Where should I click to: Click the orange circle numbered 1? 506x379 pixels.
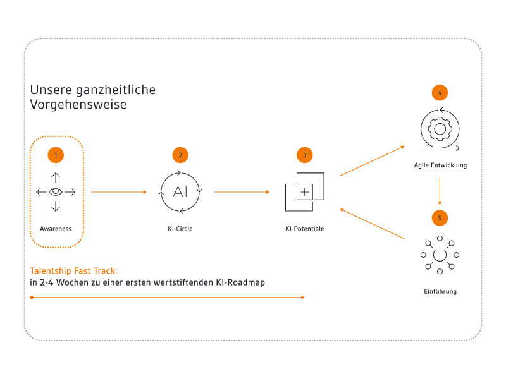pos(56,155)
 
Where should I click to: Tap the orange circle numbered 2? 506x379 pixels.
pos(180,155)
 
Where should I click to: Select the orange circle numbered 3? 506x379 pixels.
pos(305,155)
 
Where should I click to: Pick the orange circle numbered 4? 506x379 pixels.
pos(440,93)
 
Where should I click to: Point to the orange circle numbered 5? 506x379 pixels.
pos(440,218)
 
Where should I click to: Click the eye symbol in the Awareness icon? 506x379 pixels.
pos(56,192)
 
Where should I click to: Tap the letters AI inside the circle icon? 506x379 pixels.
pos(180,192)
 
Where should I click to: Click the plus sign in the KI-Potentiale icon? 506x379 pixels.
pos(305,192)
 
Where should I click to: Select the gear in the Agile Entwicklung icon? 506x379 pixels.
pos(440,129)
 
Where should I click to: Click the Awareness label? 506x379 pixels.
pos(56,229)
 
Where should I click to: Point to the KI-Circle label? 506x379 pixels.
pos(180,229)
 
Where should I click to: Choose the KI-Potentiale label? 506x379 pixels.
pos(305,229)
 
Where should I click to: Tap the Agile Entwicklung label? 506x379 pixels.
pos(440,165)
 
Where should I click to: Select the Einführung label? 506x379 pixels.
pos(440,292)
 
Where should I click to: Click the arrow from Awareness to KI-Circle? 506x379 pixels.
pos(119,192)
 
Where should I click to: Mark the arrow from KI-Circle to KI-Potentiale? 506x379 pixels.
pos(242,192)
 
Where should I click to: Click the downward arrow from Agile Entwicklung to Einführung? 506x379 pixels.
pos(440,191)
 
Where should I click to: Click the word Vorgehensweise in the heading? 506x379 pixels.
pos(78,105)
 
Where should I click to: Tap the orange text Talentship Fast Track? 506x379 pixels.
pos(73,271)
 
